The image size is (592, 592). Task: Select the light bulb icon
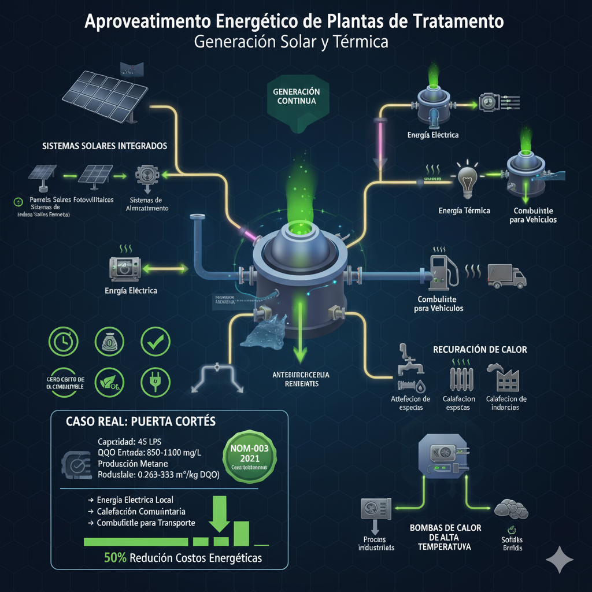467,179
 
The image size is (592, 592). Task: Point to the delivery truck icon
507,275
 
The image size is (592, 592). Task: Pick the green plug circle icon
155,382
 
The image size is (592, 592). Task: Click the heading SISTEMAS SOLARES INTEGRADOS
105,146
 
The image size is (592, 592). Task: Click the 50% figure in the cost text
115,558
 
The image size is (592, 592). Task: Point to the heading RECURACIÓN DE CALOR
479,350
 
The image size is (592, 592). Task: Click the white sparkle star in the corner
560,560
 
